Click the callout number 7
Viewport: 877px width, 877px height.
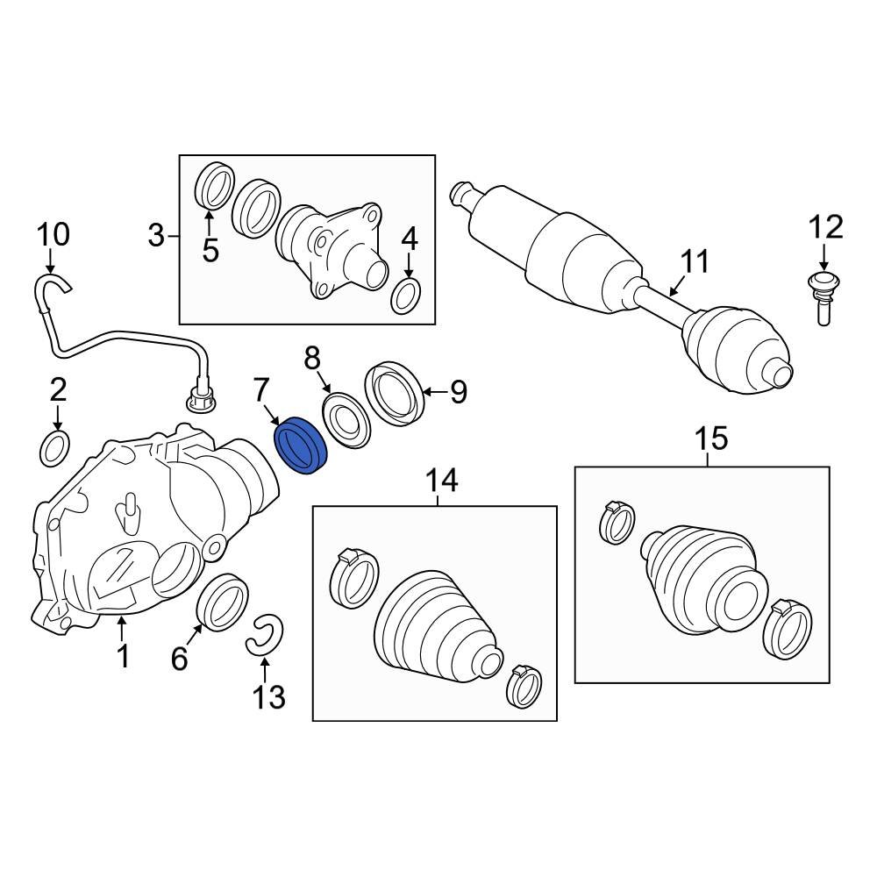pyautogui.click(x=260, y=390)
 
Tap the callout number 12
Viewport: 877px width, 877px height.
pyautogui.click(x=824, y=227)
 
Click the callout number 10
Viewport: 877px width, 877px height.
pyautogui.click(x=53, y=235)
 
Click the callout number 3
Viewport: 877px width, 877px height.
pyautogui.click(x=156, y=235)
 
